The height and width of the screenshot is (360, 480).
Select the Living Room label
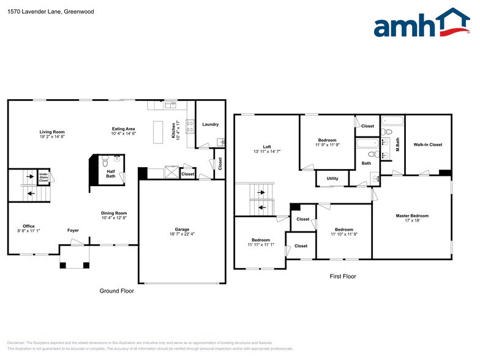coord(52,132)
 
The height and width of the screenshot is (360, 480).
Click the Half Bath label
coord(111,174)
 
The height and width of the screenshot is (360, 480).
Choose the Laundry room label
coord(210,124)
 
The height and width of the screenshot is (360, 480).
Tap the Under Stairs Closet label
coord(43,178)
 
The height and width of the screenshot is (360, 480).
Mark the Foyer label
coord(73,230)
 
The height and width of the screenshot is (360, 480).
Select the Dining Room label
coord(114,212)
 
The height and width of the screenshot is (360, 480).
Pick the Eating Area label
coord(123,129)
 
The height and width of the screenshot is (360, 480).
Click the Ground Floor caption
coord(116,291)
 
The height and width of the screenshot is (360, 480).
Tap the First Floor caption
coord(342,277)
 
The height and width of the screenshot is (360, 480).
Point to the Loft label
coord(267,146)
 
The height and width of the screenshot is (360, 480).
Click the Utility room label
coord(332,179)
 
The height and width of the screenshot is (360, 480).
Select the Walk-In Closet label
coord(428,144)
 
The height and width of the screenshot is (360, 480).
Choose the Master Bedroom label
coord(412,216)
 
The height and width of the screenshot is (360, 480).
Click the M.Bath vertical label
coord(397,144)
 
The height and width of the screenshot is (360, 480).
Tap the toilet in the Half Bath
coord(105,162)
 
